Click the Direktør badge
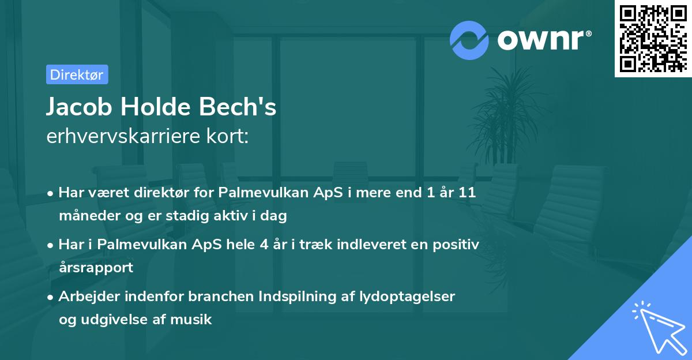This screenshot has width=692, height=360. tap(77, 74)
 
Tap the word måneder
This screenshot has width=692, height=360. tap(85, 216)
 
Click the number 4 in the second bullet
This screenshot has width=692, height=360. tap(264, 244)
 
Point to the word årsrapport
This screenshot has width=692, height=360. tap(96, 268)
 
